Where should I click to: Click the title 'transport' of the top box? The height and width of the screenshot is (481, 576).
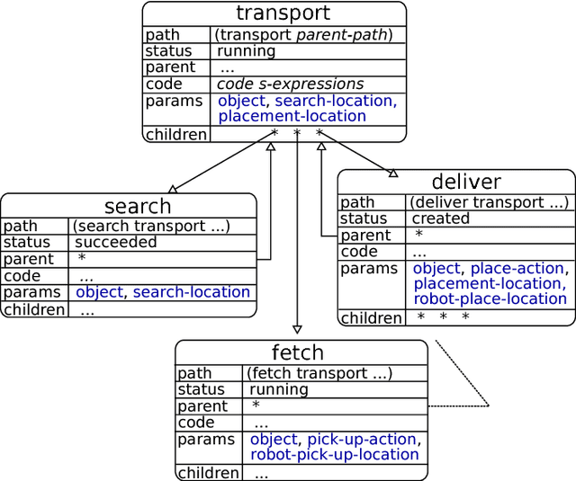point(283,13)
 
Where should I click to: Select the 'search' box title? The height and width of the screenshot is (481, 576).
point(137,207)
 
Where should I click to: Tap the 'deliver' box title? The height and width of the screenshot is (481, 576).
point(466,183)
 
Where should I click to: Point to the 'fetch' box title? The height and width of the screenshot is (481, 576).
point(297,352)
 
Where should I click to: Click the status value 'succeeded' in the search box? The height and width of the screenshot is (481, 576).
point(115,243)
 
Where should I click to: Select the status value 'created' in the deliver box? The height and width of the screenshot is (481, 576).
point(441,218)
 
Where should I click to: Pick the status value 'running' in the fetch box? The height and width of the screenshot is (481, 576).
point(279,390)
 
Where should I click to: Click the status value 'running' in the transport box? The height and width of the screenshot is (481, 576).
point(247,51)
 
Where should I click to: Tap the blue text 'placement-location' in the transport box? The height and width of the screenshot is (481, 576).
point(292,116)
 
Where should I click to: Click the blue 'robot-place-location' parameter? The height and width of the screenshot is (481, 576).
point(490,298)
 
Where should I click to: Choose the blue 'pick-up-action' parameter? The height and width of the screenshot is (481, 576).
point(362,440)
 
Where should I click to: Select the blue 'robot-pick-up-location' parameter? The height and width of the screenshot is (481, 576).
point(335,455)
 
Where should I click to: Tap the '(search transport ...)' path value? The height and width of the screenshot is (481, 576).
point(151,226)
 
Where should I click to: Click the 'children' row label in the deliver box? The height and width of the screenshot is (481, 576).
point(371,317)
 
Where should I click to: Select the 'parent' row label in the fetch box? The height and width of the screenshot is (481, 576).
point(202,406)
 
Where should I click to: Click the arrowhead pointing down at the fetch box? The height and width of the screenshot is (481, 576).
point(297,330)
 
